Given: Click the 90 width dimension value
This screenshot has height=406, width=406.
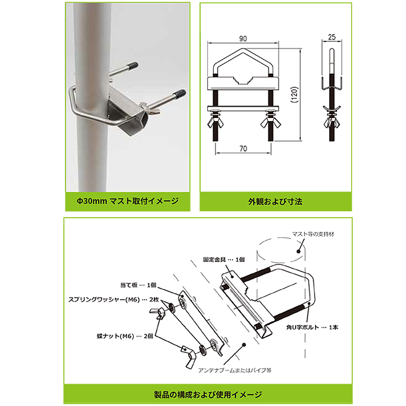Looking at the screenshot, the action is pyautogui.click(x=243, y=38).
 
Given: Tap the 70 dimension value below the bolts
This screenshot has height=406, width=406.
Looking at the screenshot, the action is pyautogui.click(x=243, y=149).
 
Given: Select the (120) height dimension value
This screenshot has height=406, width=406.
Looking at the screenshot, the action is pyautogui.click(x=294, y=94).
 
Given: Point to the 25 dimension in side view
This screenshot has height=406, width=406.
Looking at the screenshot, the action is pyautogui.click(x=332, y=37).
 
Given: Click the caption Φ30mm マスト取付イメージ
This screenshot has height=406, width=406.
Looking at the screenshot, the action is pyautogui.click(x=127, y=201).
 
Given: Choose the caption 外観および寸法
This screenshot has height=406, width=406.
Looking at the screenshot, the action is pyautogui.click(x=275, y=201).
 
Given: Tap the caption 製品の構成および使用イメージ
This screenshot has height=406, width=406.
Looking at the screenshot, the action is pyautogui.click(x=208, y=394).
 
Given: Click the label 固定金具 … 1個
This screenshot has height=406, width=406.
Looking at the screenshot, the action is pyautogui.click(x=224, y=260).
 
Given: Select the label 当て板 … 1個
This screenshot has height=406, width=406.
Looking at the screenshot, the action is pyautogui.click(x=138, y=285).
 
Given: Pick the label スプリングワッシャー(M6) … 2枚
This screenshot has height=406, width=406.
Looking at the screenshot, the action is pyautogui.click(x=113, y=300).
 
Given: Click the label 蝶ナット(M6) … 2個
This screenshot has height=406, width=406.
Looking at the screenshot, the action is pyautogui.click(x=125, y=336).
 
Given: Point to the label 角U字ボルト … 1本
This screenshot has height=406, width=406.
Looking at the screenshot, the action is pyautogui.click(x=312, y=328).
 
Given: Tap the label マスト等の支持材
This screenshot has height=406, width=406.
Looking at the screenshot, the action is pyautogui.click(x=313, y=234).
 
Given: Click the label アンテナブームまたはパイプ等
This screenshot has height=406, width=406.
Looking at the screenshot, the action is pyautogui.click(x=235, y=370).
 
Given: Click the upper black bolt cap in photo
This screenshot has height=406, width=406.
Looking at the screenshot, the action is pyautogui.click(x=133, y=66).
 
